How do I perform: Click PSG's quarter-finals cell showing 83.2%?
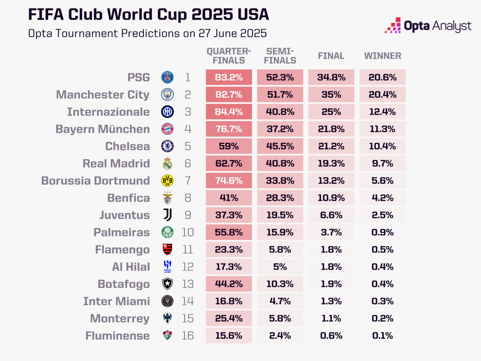tap(229, 77)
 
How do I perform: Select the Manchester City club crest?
tap(167, 95)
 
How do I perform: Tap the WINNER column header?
tap(382, 56)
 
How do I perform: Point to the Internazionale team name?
tap(108, 112)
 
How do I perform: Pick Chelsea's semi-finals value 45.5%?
tap(280, 146)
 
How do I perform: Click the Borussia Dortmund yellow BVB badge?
tap(167, 181)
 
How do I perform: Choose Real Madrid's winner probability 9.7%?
tap(382, 164)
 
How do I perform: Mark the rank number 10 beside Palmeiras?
tap(188, 233)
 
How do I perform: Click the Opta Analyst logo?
tap(428, 26)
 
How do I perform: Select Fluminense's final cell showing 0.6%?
tap(331, 336)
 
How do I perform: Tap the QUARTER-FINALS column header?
tap(229, 56)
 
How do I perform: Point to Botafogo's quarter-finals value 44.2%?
tap(229, 284)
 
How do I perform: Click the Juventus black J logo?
tap(168, 215)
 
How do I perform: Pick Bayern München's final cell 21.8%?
tap(331, 129)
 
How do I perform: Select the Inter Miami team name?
tap(116, 301)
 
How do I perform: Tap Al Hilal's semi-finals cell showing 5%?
tap(280, 267)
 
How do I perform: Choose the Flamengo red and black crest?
tap(168, 249)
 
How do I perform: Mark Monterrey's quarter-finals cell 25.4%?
tap(229, 318)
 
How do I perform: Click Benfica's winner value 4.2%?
tap(382, 198)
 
